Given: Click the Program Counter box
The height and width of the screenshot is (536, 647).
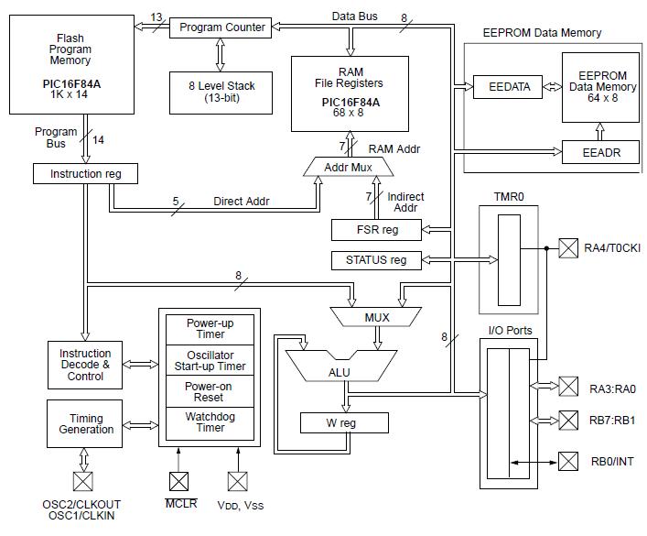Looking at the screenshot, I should coord(222,27).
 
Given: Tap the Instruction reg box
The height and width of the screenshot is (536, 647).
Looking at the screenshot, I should coord(83,173).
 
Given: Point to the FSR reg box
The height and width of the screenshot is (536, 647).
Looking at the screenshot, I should coord(376,229).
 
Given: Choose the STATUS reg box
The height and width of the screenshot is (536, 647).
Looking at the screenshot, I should coord(376,260).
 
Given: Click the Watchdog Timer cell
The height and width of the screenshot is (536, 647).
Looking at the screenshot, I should coord(210,421).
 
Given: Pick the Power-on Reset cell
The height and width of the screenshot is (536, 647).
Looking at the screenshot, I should coord(210,392).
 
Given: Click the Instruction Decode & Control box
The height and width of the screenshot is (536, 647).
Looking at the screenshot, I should coord(85,364).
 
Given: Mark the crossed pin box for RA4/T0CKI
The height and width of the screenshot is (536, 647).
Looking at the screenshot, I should coord(569,247).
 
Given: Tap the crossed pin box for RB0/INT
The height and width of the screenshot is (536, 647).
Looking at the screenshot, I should coord(569,461).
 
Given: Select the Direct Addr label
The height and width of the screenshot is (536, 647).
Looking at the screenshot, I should coord(240,201).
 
